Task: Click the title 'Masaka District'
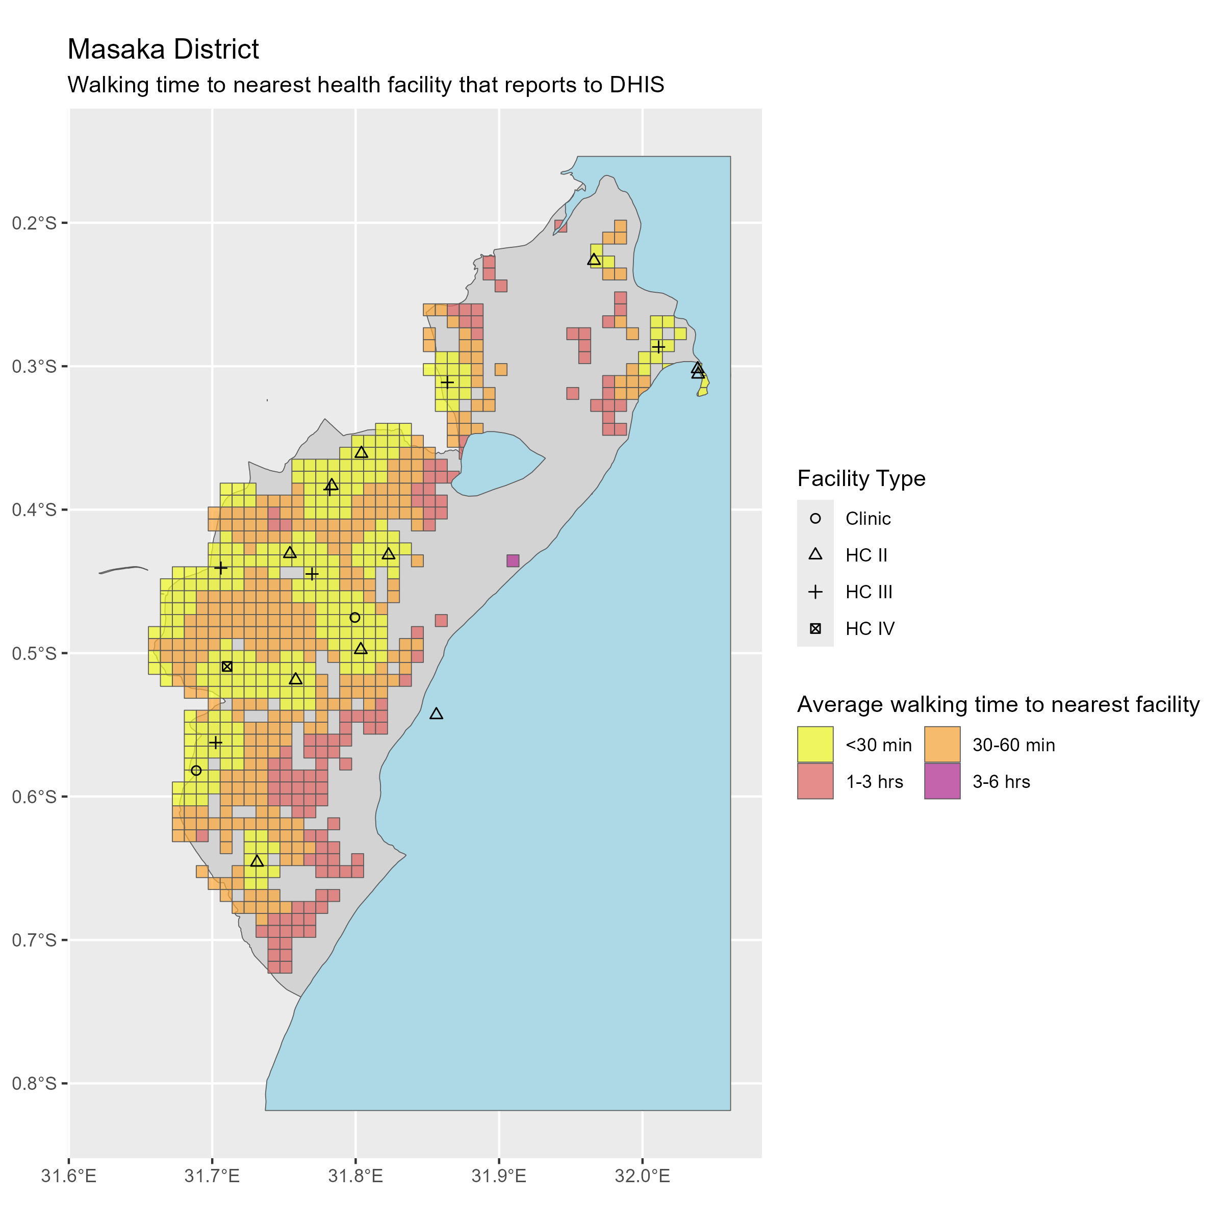(163, 49)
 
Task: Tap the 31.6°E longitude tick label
(68, 1177)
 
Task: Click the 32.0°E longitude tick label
(643, 1177)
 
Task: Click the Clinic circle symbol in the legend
(815, 518)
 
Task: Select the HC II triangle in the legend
(815, 554)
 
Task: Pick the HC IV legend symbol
(815, 628)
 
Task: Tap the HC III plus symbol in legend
(815, 592)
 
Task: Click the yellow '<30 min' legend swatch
(815, 745)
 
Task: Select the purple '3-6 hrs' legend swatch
(942, 781)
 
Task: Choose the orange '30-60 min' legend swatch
(942, 745)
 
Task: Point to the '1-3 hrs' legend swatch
(815, 781)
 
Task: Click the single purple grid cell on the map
(513, 560)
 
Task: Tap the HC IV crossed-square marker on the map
(227, 667)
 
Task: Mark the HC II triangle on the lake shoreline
(436, 714)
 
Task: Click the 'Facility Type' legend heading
(861, 478)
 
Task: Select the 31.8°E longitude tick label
(355, 1177)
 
